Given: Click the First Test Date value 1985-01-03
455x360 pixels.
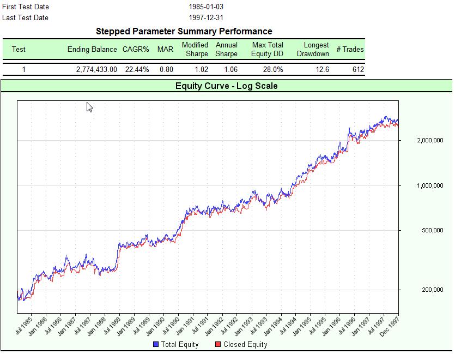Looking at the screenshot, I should [x=206, y=7].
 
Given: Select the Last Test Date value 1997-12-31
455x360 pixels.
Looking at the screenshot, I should [x=206, y=18].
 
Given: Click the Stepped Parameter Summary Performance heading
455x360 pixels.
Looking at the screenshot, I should [x=184, y=32].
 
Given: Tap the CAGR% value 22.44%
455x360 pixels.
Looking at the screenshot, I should [x=136, y=70].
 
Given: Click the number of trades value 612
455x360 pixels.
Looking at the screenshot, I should [x=358, y=70].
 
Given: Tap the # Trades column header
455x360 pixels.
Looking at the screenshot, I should [x=350, y=49].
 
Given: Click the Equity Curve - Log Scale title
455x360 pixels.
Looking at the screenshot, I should [x=226, y=86].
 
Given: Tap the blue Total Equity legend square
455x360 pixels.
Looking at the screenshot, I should [x=156, y=345].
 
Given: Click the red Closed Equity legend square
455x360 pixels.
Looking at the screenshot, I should [x=218, y=345].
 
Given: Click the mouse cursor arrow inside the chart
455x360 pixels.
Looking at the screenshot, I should [x=89, y=106].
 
